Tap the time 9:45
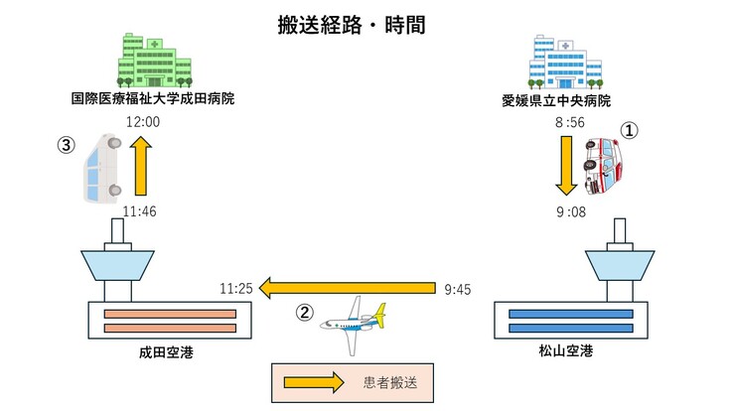(458, 289)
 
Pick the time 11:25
(236, 289)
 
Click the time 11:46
(140, 210)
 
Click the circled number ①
(628, 129)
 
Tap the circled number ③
(67, 144)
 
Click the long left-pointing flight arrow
(347, 289)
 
